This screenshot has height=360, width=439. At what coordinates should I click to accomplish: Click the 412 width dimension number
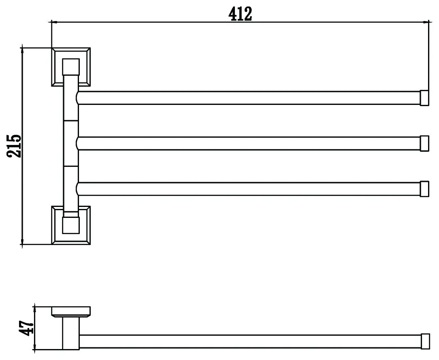point(240,14)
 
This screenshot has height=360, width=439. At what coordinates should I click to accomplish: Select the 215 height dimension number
point(15,146)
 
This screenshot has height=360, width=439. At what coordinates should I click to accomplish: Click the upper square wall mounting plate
point(71,67)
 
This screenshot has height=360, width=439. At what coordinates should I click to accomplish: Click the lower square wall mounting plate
point(71,225)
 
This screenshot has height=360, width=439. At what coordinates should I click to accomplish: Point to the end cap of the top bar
point(424,98)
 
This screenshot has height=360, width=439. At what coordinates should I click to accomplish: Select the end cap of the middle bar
point(424,143)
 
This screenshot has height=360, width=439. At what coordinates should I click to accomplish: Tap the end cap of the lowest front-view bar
point(424,189)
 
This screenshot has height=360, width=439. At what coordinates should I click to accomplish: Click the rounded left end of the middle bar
point(78,143)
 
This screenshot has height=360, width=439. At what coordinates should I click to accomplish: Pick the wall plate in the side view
point(70,312)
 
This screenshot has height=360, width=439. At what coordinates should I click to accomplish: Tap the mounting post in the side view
point(71,332)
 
